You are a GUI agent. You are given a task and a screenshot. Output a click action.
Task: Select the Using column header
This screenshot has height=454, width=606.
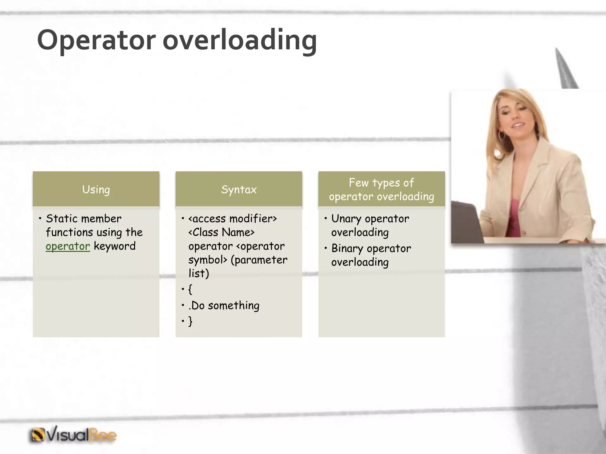point(96,189)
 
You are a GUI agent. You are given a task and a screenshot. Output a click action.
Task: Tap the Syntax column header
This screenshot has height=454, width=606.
point(239,189)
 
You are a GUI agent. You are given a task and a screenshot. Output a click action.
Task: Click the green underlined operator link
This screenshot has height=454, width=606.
point(68,246)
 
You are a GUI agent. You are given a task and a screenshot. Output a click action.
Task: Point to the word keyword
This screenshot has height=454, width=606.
point(115,246)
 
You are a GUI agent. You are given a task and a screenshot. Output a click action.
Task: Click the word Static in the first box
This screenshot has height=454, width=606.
point(62,219)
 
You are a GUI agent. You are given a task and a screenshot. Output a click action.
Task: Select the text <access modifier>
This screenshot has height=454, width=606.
point(233,219)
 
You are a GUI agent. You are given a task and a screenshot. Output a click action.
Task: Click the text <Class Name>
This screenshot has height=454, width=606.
point(221,232)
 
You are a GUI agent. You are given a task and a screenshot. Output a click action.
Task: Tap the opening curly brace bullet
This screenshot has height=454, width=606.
point(190,289)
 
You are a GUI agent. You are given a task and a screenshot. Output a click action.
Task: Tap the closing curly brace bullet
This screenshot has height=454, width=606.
point(190,321)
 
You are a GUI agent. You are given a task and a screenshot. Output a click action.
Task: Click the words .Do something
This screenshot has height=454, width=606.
point(224,305)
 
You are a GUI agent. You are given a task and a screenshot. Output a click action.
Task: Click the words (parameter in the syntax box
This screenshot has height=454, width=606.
point(259,260)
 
